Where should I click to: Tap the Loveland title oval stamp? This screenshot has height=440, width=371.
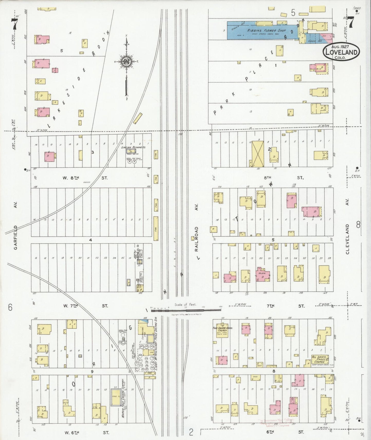tap(341, 52)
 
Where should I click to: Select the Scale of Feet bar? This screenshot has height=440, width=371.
tap(186, 310)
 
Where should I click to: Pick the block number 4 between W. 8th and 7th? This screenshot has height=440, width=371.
tap(90, 240)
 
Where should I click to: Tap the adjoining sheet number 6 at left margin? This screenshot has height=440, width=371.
tap(10, 307)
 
